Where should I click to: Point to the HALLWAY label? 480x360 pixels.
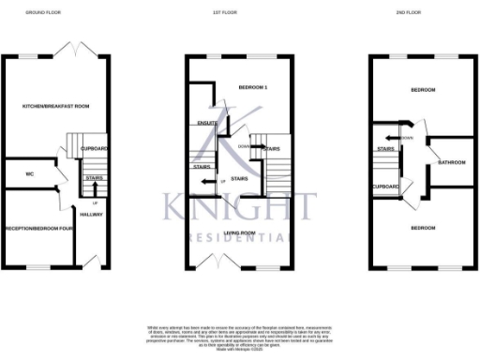pyautogui.click(x=91, y=214)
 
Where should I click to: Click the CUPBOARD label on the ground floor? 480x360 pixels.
pyautogui.click(x=94, y=148)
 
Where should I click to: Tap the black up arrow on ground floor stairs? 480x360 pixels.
pyautogui.click(x=95, y=190)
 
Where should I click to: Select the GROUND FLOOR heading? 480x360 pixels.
pyautogui.click(x=40, y=13)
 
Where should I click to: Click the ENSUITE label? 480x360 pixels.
pyautogui.click(x=208, y=123)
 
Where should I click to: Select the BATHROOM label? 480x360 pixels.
pyautogui.click(x=451, y=162)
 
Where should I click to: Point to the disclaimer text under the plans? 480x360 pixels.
pyautogui.click(x=240, y=336)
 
